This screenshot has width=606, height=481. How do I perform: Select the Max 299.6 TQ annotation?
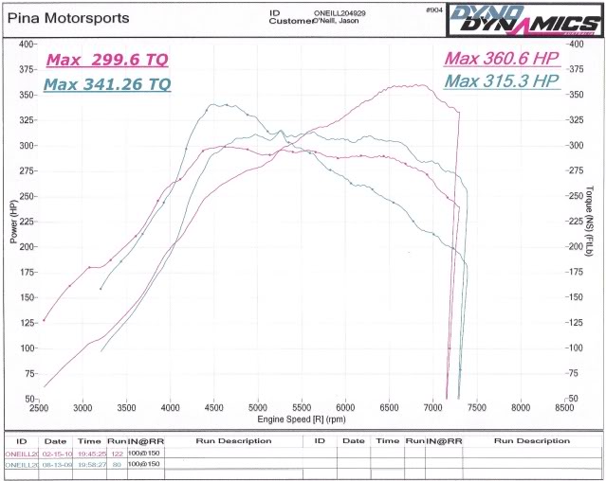(x=107, y=60)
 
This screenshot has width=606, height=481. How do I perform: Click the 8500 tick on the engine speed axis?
(x=563, y=408)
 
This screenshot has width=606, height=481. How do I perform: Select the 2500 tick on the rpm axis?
(x=40, y=408)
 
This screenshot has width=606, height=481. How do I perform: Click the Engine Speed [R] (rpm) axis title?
(x=301, y=418)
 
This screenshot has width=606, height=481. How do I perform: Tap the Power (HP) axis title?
(x=14, y=221)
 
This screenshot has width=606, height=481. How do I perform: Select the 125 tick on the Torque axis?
(x=575, y=322)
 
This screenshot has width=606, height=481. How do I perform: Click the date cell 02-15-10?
(x=58, y=454)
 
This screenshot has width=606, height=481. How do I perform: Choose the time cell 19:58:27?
(x=90, y=464)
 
